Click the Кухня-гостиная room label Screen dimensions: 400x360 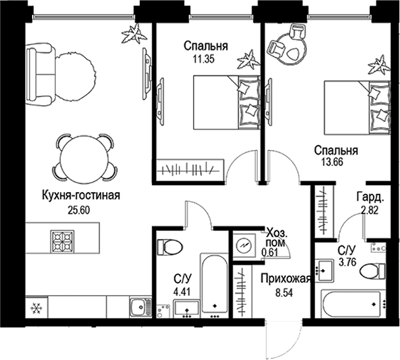[81, 196]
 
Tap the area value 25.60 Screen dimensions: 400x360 [79, 210]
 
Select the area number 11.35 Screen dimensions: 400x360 [204, 59]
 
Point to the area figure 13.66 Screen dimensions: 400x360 [332, 162]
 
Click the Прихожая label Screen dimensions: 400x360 [286, 279]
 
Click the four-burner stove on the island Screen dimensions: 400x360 [62, 241]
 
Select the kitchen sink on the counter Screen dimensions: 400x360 [141, 307]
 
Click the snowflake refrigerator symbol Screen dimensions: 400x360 [36, 308]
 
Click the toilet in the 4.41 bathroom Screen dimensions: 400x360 [169, 247]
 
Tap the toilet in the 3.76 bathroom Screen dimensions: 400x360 [372, 271]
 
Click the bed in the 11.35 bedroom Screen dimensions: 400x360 [227, 102]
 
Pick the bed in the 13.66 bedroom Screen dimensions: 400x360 [357, 108]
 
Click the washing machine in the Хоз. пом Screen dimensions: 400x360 [244, 246]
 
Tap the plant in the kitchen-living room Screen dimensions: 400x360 [134, 34]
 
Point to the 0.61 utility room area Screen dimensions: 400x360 [270, 252]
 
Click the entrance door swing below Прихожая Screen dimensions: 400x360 [284, 337]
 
